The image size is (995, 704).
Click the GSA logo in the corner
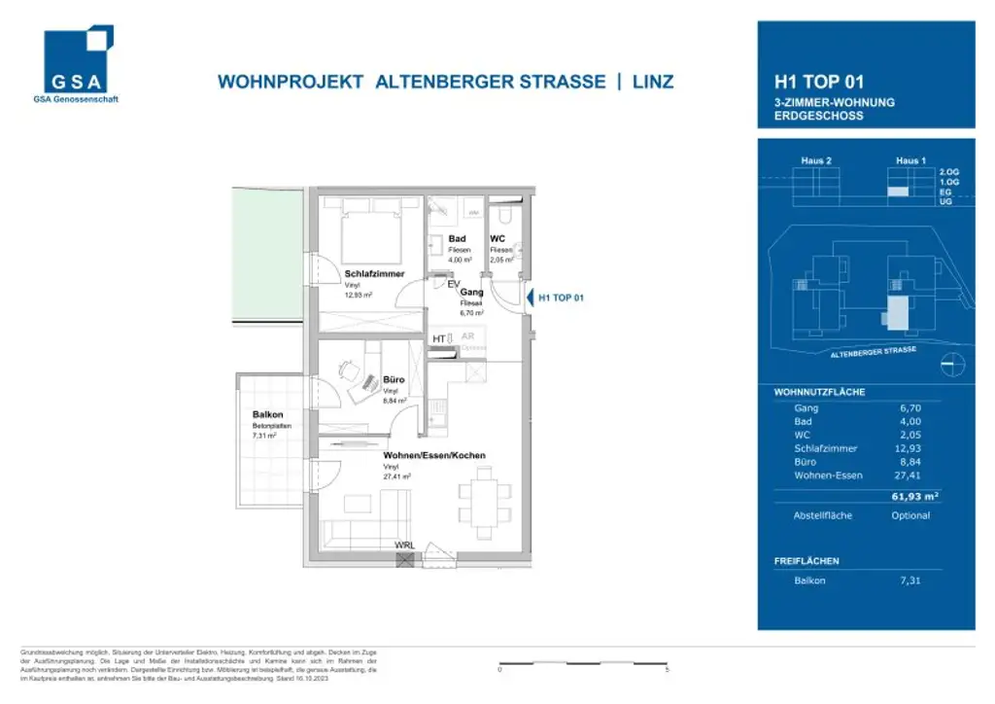pos(79,62)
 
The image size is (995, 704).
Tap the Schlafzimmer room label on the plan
pos(374,274)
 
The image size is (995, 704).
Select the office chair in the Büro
pos(350,369)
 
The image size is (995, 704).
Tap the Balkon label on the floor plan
pos(267,414)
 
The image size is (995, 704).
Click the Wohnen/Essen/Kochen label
pos(434,455)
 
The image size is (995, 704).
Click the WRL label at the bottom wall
pos(404,546)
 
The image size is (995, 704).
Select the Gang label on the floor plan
pos(472,292)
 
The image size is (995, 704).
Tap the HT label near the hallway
pos(439,338)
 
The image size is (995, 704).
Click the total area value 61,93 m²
pos(915,497)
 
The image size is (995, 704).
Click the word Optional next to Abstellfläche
pos(910,515)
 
